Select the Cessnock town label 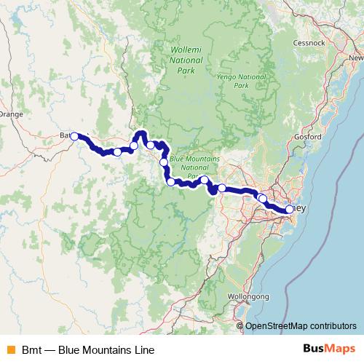click(x=336, y=43)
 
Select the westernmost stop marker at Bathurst click(x=74, y=136)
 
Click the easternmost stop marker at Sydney click(x=289, y=210)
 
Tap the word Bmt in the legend click(x=31, y=349)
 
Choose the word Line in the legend click(x=144, y=349)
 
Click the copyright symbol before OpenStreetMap click(x=240, y=326)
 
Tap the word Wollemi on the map click(x=182, y=50)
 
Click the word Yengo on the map click(x=229, y=76)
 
